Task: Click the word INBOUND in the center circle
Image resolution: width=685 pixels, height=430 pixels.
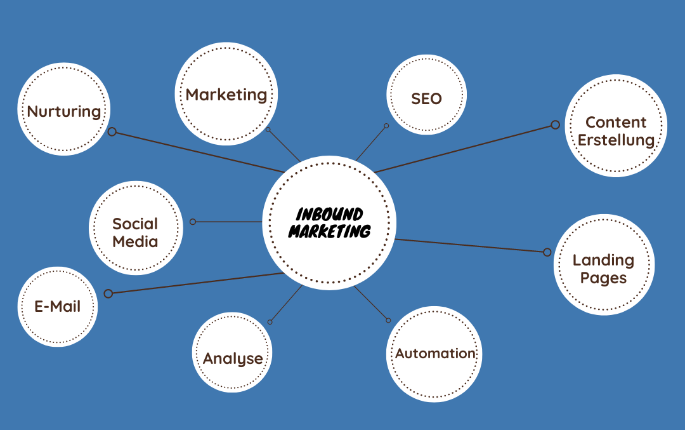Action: [329, 214]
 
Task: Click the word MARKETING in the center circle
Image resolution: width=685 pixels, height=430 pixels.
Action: [329, 231]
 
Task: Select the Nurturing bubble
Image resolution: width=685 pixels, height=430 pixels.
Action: [64, 111]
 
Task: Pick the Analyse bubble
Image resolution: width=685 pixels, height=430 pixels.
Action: [232, 359]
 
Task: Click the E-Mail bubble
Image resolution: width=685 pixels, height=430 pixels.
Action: [58, 307]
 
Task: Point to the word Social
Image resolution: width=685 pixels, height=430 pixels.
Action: [135, 224]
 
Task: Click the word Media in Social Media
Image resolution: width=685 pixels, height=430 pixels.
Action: [135, 241]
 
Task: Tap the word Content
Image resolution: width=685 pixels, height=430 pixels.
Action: [616, 122]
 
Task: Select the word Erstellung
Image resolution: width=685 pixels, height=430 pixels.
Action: [616, 140]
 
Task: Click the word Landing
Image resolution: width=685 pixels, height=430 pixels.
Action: [603, 260]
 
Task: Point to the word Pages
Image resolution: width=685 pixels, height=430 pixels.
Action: [603, 278]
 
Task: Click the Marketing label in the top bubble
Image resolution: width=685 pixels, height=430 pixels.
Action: [226, 95]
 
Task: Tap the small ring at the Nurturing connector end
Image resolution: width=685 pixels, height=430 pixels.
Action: [112, 131]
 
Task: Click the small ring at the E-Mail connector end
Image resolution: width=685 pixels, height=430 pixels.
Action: [108, 293]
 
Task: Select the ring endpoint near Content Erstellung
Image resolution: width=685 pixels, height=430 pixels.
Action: [555, 124]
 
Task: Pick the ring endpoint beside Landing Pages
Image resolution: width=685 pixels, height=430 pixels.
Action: [547, 252]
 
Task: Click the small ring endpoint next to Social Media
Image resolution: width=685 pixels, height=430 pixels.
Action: [193, 222]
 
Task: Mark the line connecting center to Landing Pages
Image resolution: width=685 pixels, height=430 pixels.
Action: [469, 245]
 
